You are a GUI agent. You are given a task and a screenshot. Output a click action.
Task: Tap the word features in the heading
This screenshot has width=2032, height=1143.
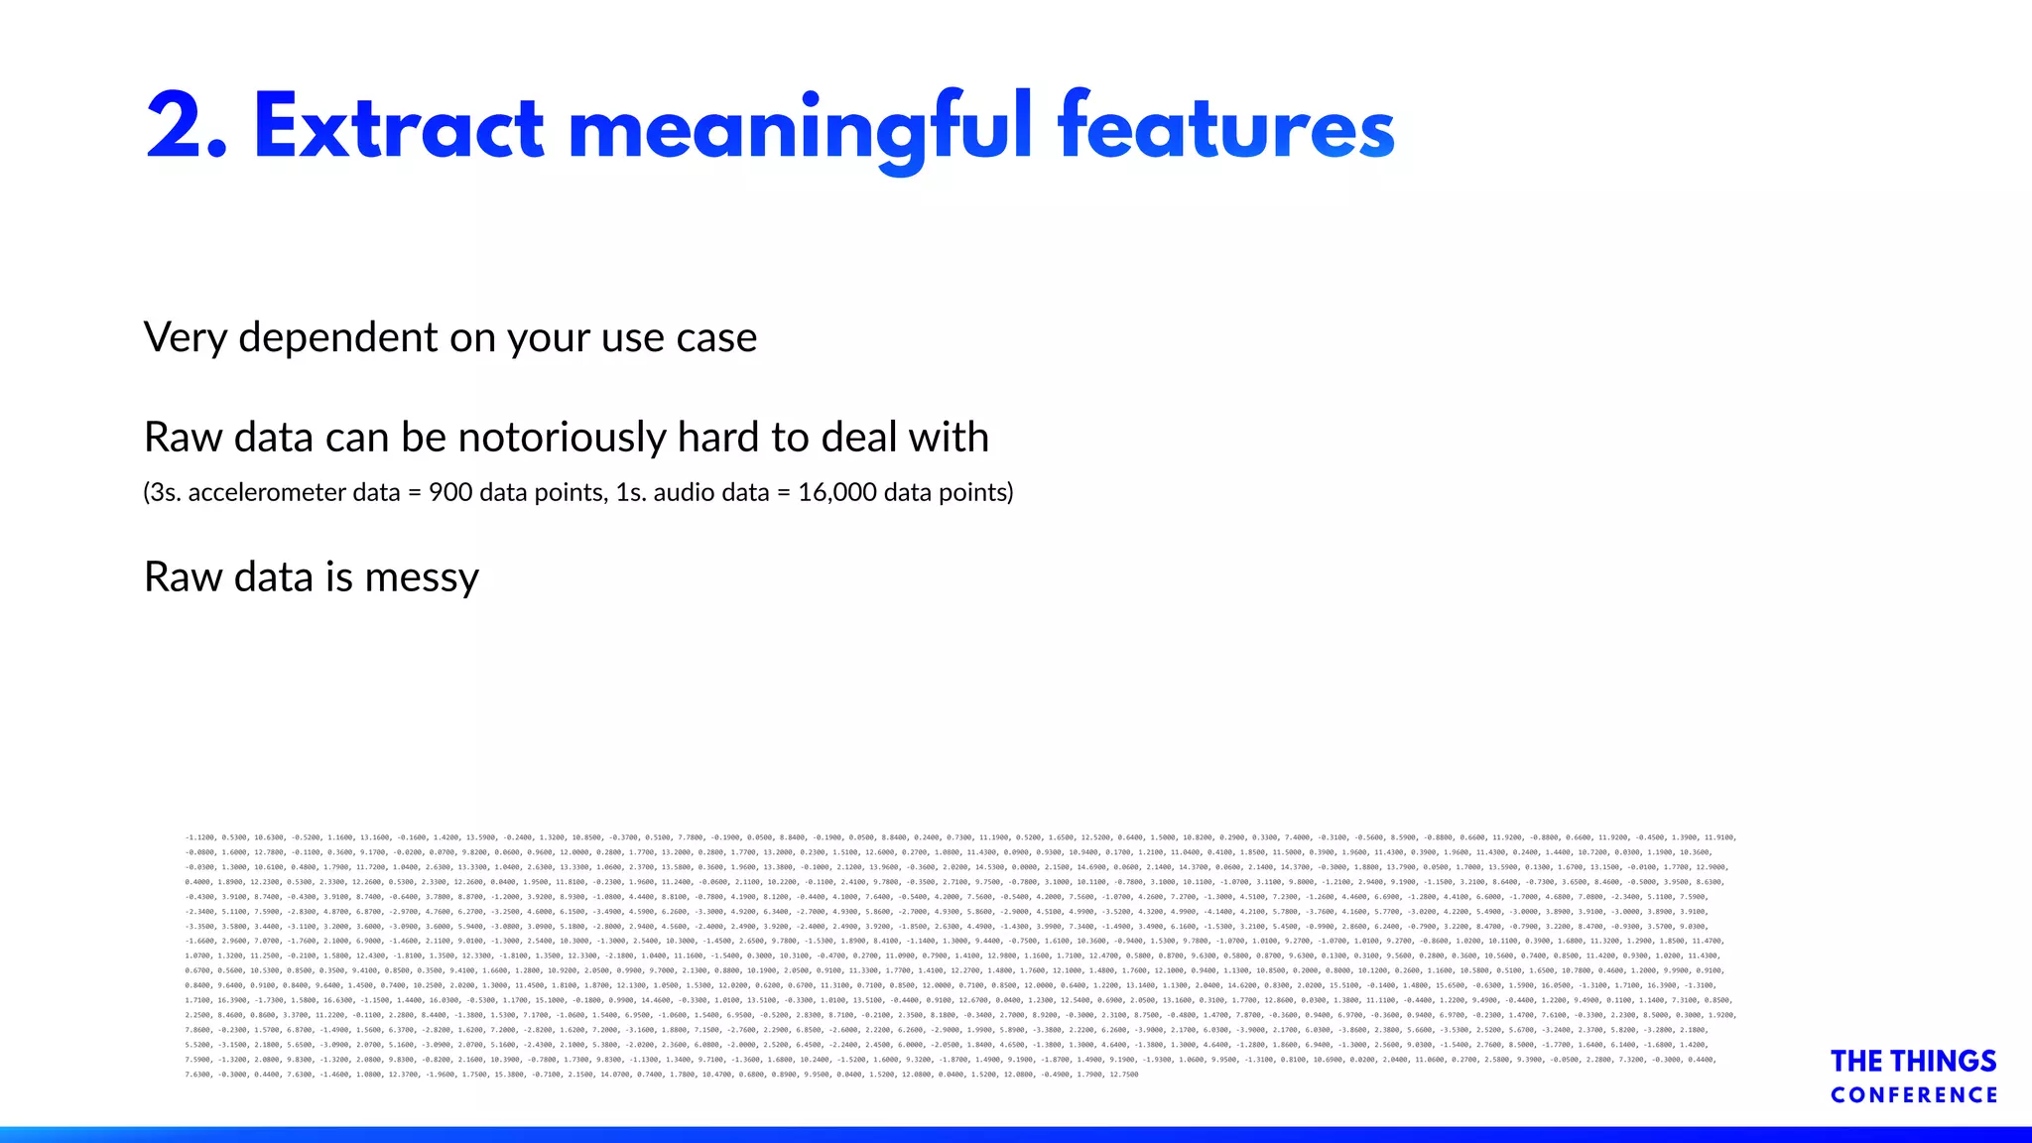coord(1226,126)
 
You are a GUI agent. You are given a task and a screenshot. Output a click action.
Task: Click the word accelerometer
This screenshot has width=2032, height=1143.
coord(294,492)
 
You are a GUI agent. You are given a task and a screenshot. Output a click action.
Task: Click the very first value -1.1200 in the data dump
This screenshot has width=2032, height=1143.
coord(200,837)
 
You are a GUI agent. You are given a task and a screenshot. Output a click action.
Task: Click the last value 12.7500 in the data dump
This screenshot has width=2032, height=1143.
coord(1124,1075)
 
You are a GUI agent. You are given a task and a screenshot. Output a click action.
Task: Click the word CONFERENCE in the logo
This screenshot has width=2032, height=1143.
coord(1914,1095)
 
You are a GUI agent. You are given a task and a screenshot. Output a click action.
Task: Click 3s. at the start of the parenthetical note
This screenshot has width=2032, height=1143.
coord(164,492)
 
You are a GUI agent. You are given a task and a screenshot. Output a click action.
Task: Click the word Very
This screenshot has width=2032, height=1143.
coord(186,338)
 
